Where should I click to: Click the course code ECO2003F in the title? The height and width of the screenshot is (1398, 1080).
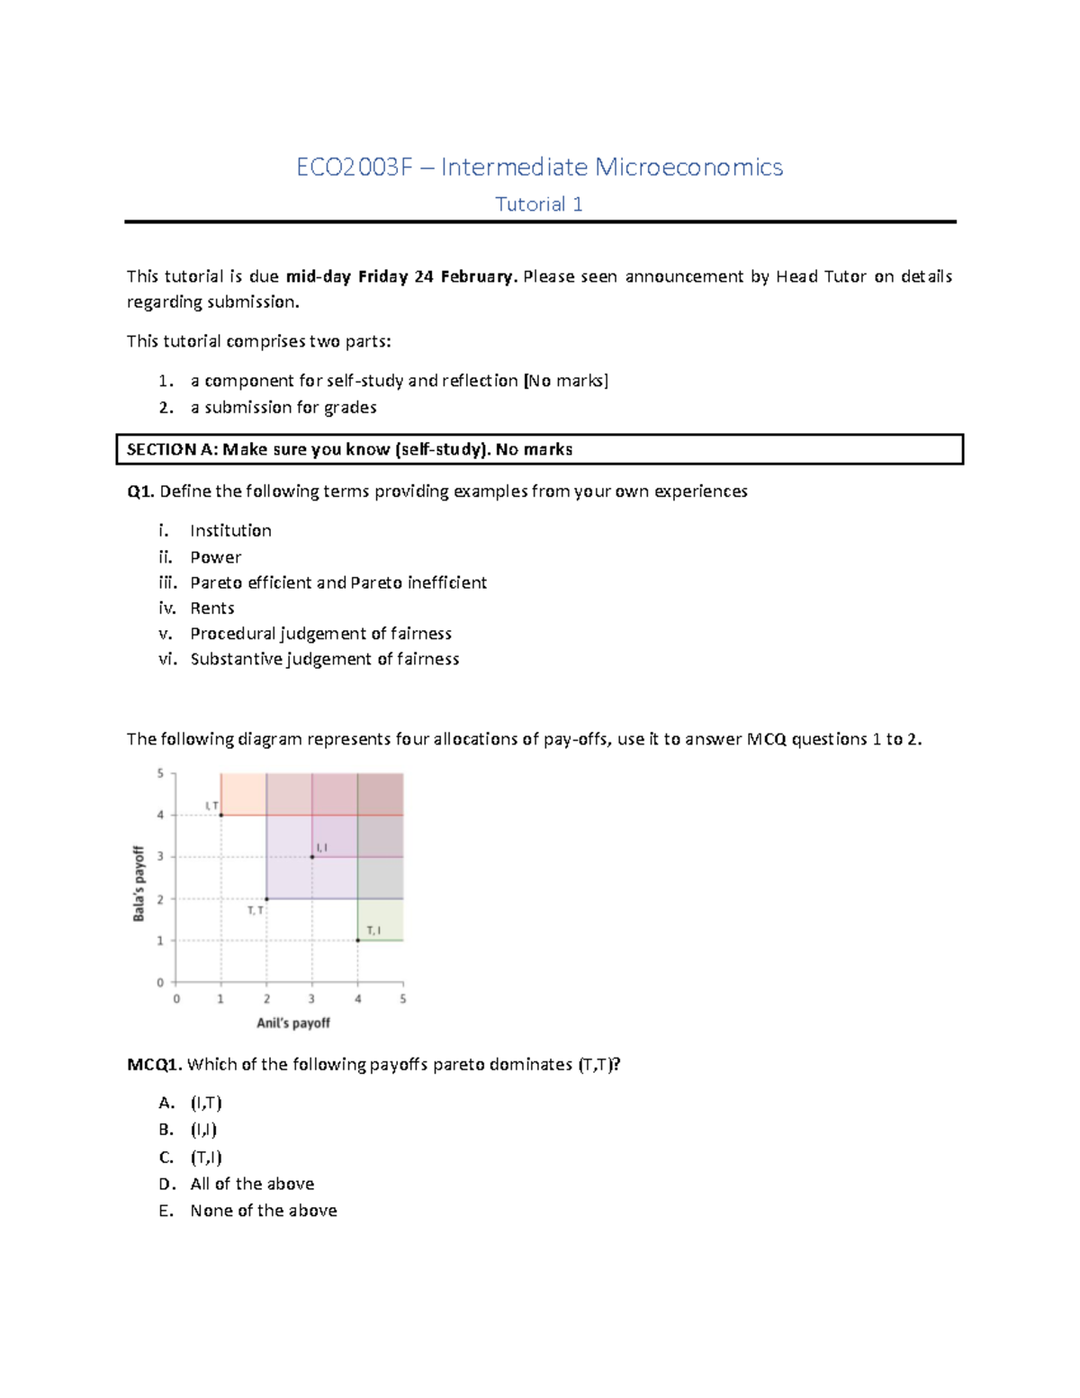point(355,167)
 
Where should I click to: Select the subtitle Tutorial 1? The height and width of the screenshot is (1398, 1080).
point(539,204)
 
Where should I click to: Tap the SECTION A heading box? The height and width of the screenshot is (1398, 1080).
point(539,449)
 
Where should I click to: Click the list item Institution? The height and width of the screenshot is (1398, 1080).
point(230,530)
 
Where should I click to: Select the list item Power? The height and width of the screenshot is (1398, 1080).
point(215,557)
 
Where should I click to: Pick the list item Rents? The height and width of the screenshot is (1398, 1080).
point(211,608)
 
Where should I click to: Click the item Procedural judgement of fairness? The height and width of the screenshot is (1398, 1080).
point(320,633)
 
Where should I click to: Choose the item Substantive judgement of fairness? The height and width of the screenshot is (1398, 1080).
point(324,659)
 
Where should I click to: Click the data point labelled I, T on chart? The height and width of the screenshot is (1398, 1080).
point(221,815)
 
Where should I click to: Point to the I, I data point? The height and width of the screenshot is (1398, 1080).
point(312,857)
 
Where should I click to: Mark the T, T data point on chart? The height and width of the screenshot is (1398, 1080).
point(266,898)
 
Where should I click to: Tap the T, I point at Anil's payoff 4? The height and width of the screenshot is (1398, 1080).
point(358,940)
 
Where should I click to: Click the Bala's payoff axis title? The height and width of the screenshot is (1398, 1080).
point(139,883)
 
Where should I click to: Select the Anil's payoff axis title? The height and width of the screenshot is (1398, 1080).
point(293,1023)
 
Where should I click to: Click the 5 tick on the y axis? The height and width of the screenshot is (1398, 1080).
point(161,773)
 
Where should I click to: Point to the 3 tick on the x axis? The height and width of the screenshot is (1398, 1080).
point(312,998)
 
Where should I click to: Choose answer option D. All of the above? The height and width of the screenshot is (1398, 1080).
point(251,1184)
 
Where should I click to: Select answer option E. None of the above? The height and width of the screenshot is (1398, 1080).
point(263,1211)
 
